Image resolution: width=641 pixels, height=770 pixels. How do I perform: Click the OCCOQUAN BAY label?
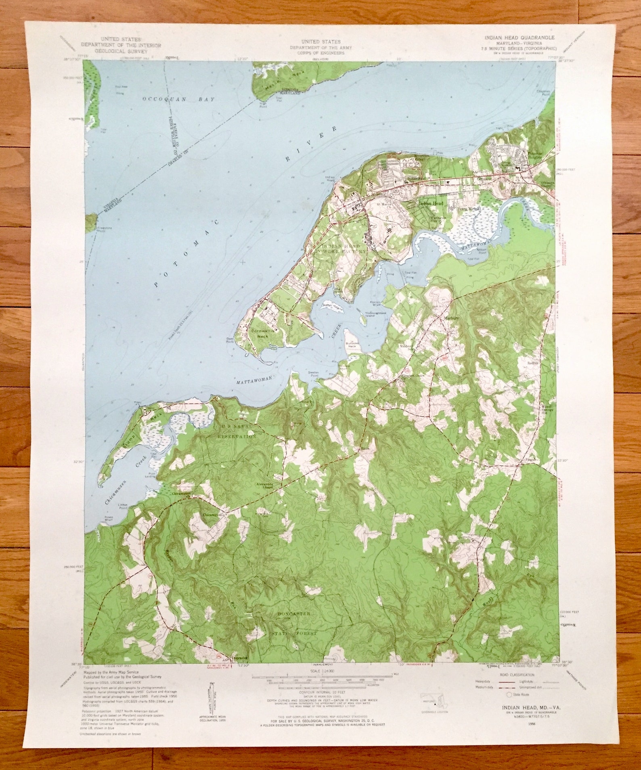pyautogui.click(x=178, y=99)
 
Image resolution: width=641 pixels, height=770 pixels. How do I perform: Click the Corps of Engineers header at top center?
pyautogui.click(x=320, y=47)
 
